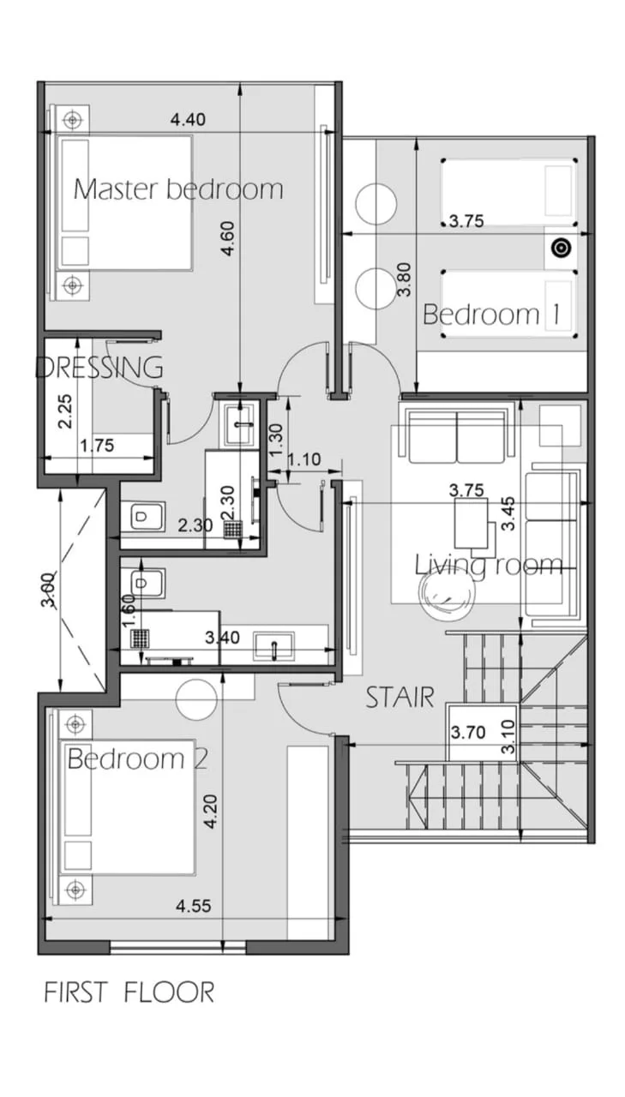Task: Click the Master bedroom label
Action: point(178,189)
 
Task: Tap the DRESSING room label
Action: point(99,368)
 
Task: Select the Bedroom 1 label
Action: point(491,314)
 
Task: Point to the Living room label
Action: point(489,565)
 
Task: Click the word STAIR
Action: point(400,698)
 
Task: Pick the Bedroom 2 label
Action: point(138,758)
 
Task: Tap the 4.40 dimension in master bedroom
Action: point(188,119)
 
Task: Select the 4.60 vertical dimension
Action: point(228,239)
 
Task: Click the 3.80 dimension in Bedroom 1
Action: point(405,279)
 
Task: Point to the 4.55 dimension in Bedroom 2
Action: point(194,906)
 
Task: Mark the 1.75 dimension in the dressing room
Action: point(97,446)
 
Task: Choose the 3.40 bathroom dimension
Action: point(222,638)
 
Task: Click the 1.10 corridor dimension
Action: point(304,459)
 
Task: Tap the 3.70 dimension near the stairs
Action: point(468,733)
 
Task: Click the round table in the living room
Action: point(448,592)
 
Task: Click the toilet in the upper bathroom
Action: point(142,516)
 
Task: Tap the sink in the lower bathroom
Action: point(273,646)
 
